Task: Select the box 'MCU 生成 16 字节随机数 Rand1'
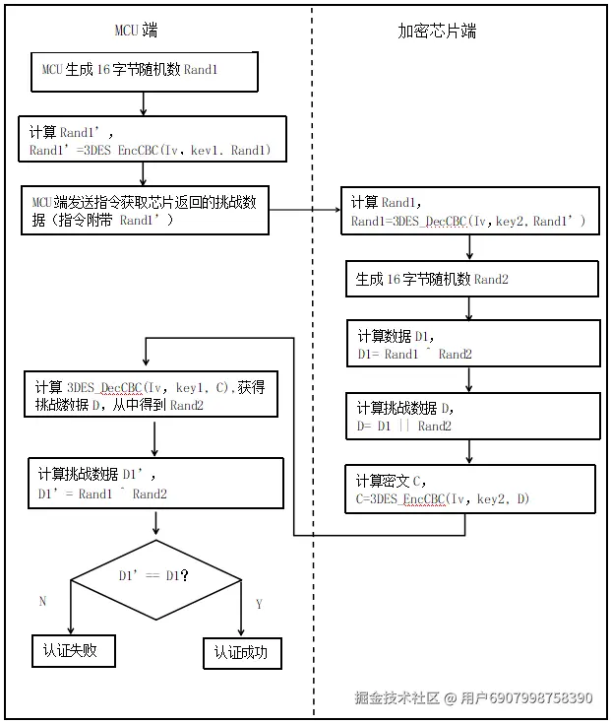click(144, 71)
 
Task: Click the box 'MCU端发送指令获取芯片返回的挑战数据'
click(145, 210)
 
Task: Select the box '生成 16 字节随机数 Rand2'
click(471, 279)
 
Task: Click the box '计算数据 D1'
click(472, 344)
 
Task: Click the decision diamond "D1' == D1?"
click(155, 575)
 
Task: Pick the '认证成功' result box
click(241, 652)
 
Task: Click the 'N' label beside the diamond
click(41, 601)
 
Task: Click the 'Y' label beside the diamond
click(259, 604)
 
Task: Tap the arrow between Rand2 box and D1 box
click(470, 307)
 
